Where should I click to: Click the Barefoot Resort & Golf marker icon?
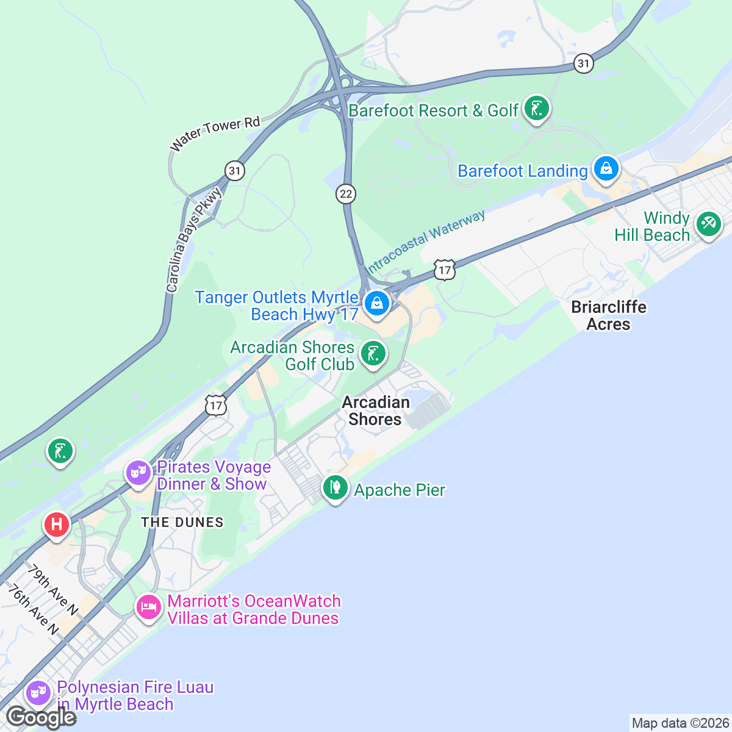click(x=536, y=109)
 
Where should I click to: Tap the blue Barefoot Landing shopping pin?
click(x=606, y=170)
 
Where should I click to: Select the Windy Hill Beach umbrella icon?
click(x=708, y=224)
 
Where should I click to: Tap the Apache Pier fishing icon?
click(x=335, y=488)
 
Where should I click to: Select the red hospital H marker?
click(x=57, y=525)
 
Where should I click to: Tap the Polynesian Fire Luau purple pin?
click(x=38, y=694)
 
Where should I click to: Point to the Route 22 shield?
click(x=346, y=194)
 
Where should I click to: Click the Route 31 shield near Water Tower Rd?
click(x=234, y=170)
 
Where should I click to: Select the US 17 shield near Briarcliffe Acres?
click(x=445, y=270)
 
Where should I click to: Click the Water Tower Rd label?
click(x=215, y=134)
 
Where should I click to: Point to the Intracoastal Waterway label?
click(x=425, y=242)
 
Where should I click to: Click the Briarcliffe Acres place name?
click(x=608, y=315)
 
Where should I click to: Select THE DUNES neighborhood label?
click(x=182, y=522)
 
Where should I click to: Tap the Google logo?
click(x=41, y=718)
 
